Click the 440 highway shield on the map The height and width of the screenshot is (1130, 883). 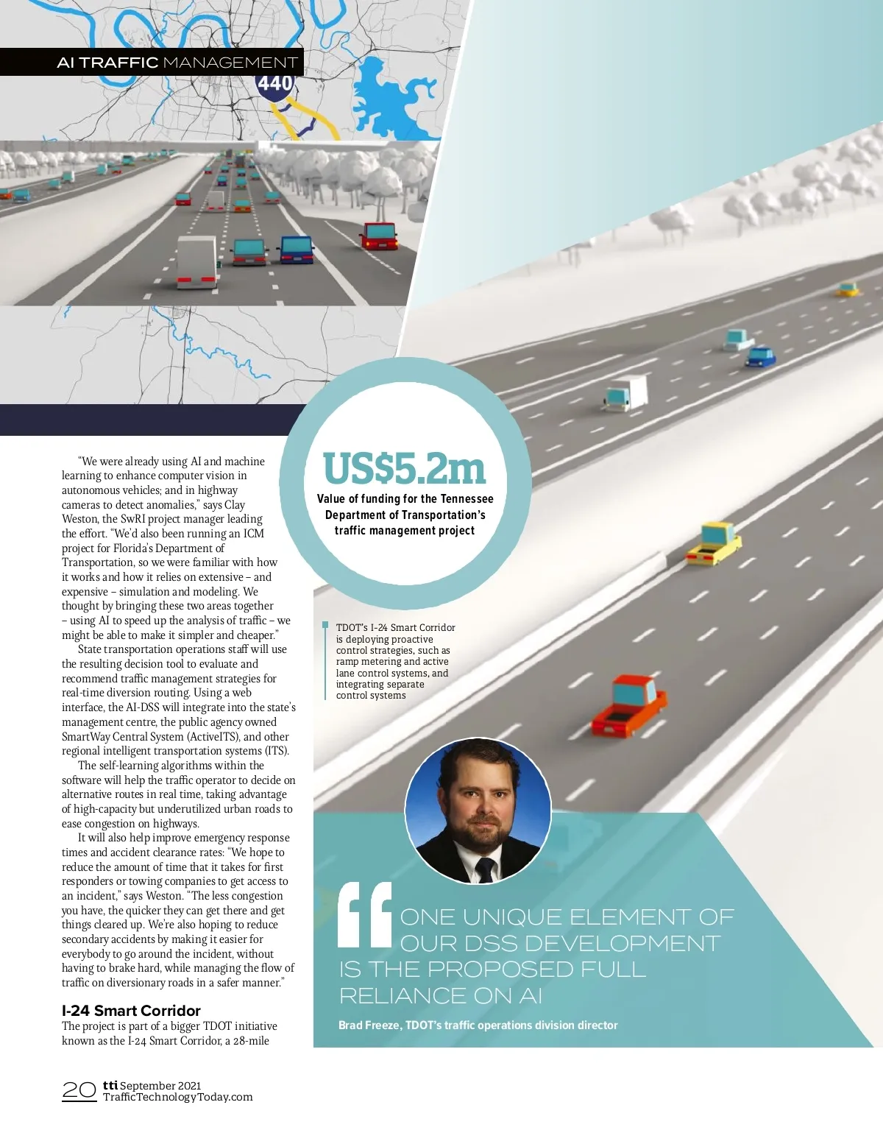275,83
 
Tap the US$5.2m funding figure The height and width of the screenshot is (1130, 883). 404,468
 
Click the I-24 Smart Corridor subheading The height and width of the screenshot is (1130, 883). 131,1010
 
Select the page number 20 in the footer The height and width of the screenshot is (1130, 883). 79,1090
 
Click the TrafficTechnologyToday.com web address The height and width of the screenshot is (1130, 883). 177,1097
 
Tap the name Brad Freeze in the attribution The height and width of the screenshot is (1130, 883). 369,1025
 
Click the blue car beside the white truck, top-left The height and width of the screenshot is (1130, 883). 296,249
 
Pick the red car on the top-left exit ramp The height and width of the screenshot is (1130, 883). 379,235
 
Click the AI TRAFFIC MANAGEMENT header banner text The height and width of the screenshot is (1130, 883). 177,63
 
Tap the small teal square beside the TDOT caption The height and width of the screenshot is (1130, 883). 325,626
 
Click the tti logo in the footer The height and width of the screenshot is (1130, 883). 110,1084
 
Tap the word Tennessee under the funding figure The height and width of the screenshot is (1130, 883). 467,498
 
